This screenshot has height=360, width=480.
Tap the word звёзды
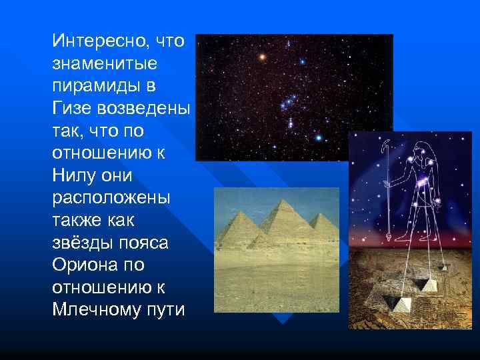click(80, 243)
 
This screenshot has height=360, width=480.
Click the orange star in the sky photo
click(263, 57)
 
